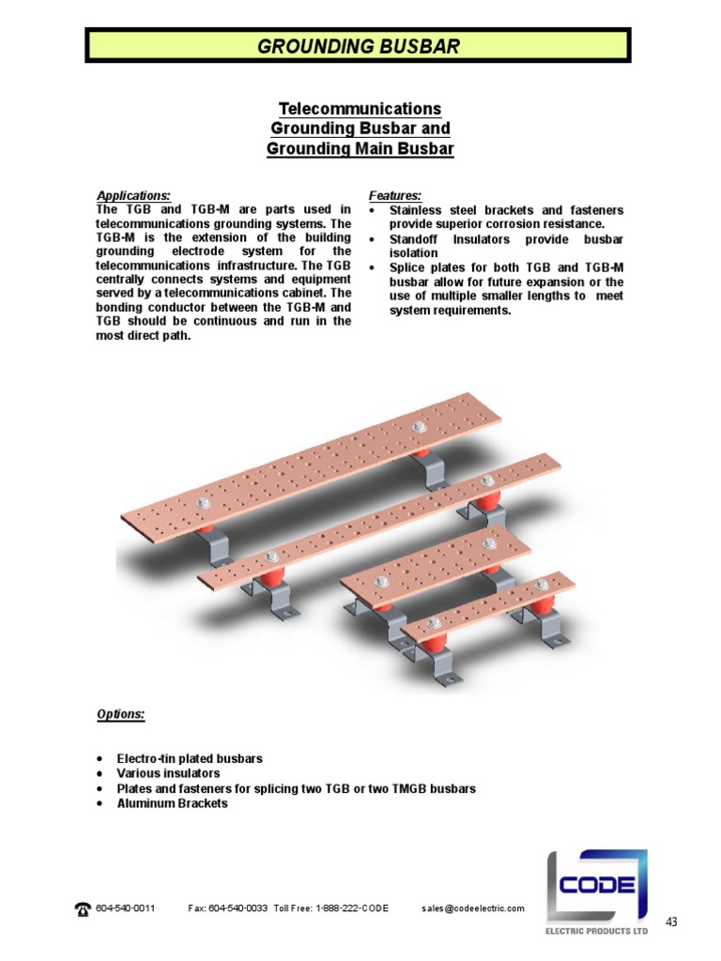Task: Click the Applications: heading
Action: (133, 195)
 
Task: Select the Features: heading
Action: (393, 195)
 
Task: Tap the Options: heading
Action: (121, 714)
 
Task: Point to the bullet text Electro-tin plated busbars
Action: (190, 758)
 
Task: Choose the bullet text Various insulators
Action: (168, 773)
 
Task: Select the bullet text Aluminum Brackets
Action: (172, 803)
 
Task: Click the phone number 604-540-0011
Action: (126, 908)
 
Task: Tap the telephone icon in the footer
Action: (83, 908)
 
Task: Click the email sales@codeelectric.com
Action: (472, 908)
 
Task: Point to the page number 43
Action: (671, 922)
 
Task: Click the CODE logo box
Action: (597, 886)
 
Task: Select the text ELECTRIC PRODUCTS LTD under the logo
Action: (597, 932)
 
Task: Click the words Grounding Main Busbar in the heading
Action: (360, 148)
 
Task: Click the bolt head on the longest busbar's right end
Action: (420, 430)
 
